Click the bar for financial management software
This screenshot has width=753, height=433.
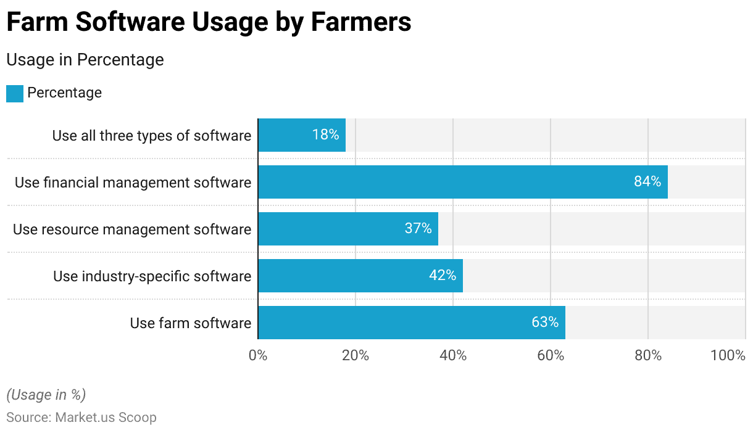(463, 182)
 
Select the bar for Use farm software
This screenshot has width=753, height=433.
(412, 323)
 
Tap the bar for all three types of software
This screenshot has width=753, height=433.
(302, 135)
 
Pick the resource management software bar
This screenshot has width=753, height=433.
(348, 229)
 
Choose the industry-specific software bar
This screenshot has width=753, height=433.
(360, 276)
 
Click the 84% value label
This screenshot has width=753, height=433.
(647, 182)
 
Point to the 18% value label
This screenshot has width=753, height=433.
(325, 135)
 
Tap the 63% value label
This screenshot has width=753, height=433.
(544, 323)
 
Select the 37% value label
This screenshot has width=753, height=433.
(418, 229)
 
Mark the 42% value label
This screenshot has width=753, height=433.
(442, 276)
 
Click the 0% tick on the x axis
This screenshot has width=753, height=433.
(258, 356)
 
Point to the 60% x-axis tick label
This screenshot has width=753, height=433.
(551, 356)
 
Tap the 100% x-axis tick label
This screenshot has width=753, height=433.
(728, 356)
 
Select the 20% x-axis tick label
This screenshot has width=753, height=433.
(356, 356)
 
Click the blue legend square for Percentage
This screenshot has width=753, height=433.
(15, 93)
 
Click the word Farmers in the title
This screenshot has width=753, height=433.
(361, 22)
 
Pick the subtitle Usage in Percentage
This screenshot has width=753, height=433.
(85, 60)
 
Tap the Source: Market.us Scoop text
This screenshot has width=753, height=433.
(81, 418)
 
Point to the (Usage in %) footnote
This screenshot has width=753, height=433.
(46, 395)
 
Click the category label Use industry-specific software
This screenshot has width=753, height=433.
(152, 276)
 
